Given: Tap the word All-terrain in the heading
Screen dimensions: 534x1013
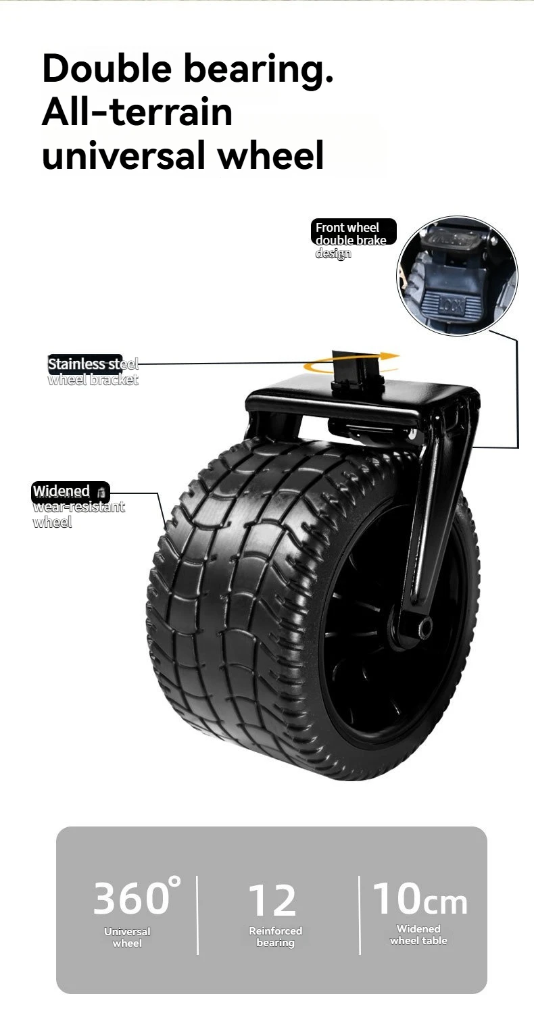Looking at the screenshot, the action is [137, 112].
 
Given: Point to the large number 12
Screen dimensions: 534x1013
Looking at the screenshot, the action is [272, 900].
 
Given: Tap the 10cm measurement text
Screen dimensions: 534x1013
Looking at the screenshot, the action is [420, 899].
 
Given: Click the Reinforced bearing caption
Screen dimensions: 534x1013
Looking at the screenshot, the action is [275, 936].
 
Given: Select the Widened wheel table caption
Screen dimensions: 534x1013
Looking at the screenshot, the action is [418, 935].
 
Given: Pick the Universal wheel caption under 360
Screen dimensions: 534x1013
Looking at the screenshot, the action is [127, 937].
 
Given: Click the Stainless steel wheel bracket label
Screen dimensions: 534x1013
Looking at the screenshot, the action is [93, 371].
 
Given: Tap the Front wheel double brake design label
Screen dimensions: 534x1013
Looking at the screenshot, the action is [351, 240].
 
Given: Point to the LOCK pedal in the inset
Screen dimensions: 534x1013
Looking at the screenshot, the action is [450, 305].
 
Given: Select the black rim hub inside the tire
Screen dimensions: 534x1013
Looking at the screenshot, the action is [379, 649].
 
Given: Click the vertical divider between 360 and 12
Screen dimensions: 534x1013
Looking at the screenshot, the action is [197, 914].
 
